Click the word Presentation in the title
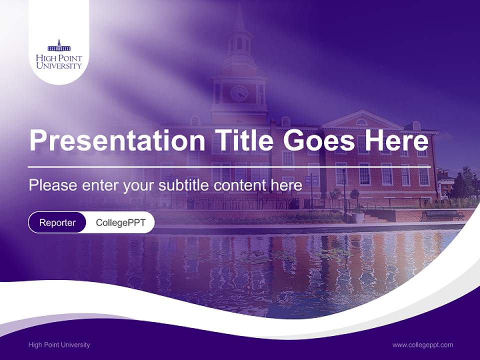[x=117, y=140]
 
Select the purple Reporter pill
[x=57, y=222]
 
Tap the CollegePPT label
[x=120, y=222]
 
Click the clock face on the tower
[x=239, y=93]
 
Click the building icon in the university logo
[x=59, y=46]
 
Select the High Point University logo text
[x=59, y=62]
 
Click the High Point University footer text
[x=59, y=344]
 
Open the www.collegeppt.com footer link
[x=422, y=344]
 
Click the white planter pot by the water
[x=358, y=217]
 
